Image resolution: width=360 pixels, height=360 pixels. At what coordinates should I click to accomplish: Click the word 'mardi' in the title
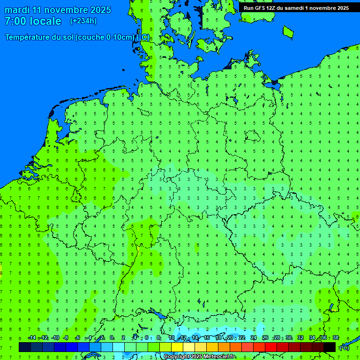tap(17, 10)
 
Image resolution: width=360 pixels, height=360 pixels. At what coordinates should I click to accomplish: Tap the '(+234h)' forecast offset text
tap(83, 21)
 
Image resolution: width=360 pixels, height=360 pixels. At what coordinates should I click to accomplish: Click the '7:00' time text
tap(15, 21)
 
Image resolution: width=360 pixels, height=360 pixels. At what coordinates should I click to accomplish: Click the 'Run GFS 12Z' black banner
tap(296, 7)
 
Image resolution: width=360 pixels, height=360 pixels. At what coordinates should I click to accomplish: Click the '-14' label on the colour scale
tap(32, 338)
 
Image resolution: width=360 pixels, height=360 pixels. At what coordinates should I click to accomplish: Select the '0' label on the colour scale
tap(112, 338)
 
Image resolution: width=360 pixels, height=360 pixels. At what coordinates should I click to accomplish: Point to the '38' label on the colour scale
tap(336, 338)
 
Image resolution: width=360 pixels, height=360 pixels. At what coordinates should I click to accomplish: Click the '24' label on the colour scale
tap(254, 338)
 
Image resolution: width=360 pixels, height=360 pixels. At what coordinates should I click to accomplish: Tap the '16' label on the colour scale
tap(207, 338)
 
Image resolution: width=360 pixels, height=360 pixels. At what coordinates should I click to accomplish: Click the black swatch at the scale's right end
tap(330, 347)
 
